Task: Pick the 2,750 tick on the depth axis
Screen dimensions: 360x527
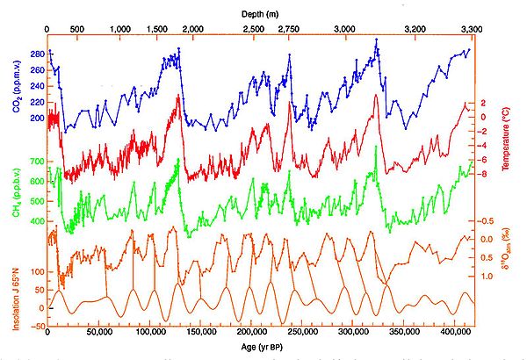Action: [288, 30]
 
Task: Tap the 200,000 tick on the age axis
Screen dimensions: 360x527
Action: [252, 334]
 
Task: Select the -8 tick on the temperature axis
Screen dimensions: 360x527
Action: [486, 173]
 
